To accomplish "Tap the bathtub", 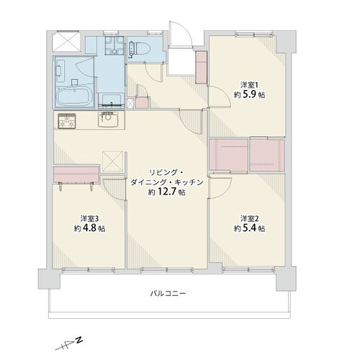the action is (74, 96).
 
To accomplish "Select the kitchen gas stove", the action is (67, 121).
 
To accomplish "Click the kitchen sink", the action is (108, 120).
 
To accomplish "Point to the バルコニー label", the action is (168, 293).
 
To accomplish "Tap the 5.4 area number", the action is (250, 228).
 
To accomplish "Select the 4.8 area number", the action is (89, 228).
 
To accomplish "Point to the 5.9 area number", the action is (250, 95).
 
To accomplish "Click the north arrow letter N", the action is (78, 340).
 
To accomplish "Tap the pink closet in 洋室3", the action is (76, 174).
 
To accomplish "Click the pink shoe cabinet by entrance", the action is (202, 67).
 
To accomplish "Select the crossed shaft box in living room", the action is (112, 161).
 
